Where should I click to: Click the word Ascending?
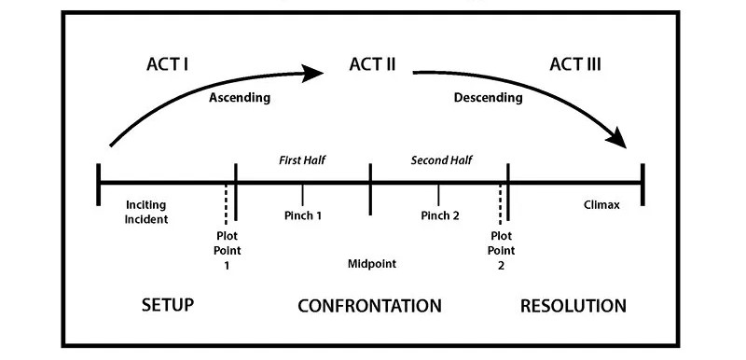coord(239,97)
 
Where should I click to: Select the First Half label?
coord(303,160)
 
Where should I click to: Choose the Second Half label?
coord(441,160)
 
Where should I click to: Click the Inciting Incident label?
coord(146,212)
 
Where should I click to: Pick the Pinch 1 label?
coord(303,216)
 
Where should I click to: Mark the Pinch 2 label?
coord(439,216)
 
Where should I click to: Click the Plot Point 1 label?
coord(226,249)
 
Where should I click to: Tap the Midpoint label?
coord(372,264)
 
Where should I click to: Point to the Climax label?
coord(601,205)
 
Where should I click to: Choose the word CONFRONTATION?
coord(369,306)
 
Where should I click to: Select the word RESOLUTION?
coord(573,306)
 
